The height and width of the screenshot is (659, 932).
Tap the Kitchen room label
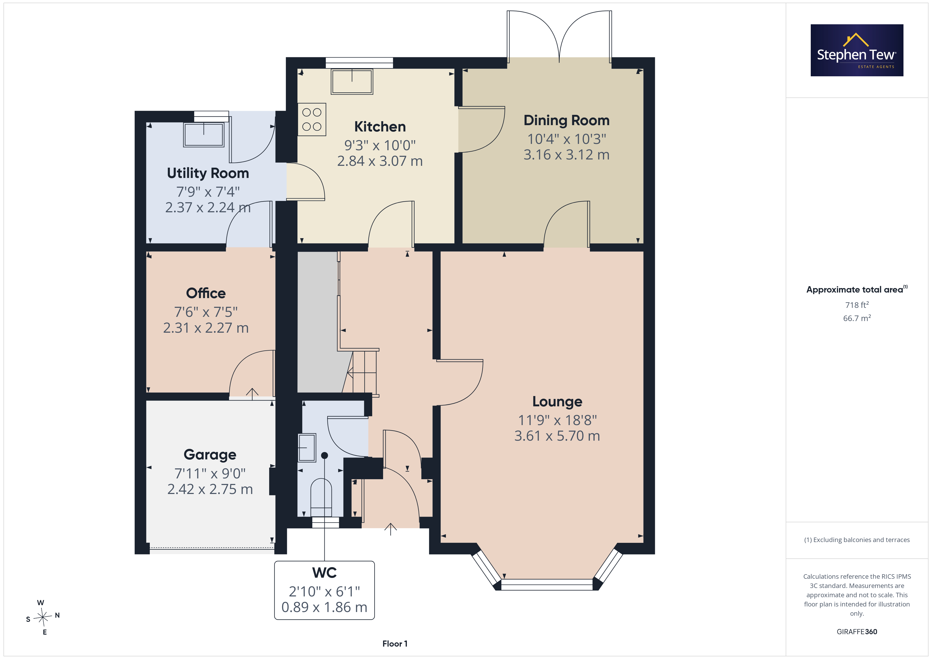[x=380, y=127]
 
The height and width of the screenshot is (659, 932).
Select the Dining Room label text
[x=567, y=120]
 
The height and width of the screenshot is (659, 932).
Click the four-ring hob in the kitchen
[x=312, y=119]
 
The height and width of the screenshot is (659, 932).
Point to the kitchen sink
[x=352, y=82]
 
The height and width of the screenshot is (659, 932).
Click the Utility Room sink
[x=204, y=134]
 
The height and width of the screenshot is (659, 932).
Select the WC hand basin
[x=307, y=448]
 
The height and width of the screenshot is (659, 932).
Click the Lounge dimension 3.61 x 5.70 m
[x=557, y=436]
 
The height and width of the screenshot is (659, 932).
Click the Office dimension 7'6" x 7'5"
[x=206, y=312]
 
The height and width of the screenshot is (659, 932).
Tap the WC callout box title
[x=324, y=573]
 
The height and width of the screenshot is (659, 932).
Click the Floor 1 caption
[x=395, y=644]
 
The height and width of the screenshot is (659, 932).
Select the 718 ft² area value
[x=857, y=305]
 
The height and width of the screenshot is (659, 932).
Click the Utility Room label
[x=208, y=173]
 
